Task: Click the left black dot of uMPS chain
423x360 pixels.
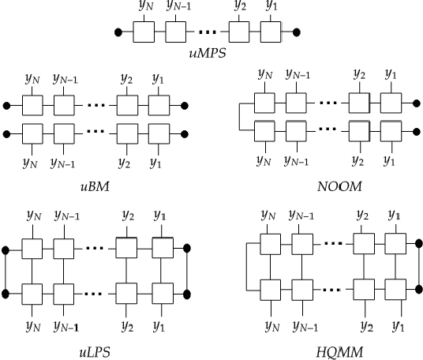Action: (x=119, y=33)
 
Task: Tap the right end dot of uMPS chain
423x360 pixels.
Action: (x=298, y=33)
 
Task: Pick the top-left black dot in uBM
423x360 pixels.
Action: (x=7, y=106)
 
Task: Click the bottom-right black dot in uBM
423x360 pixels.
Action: (x=184, y=130)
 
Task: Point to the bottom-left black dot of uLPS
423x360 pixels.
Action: (x=7, y=294)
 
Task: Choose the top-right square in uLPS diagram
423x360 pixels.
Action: (x=161, y=249)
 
